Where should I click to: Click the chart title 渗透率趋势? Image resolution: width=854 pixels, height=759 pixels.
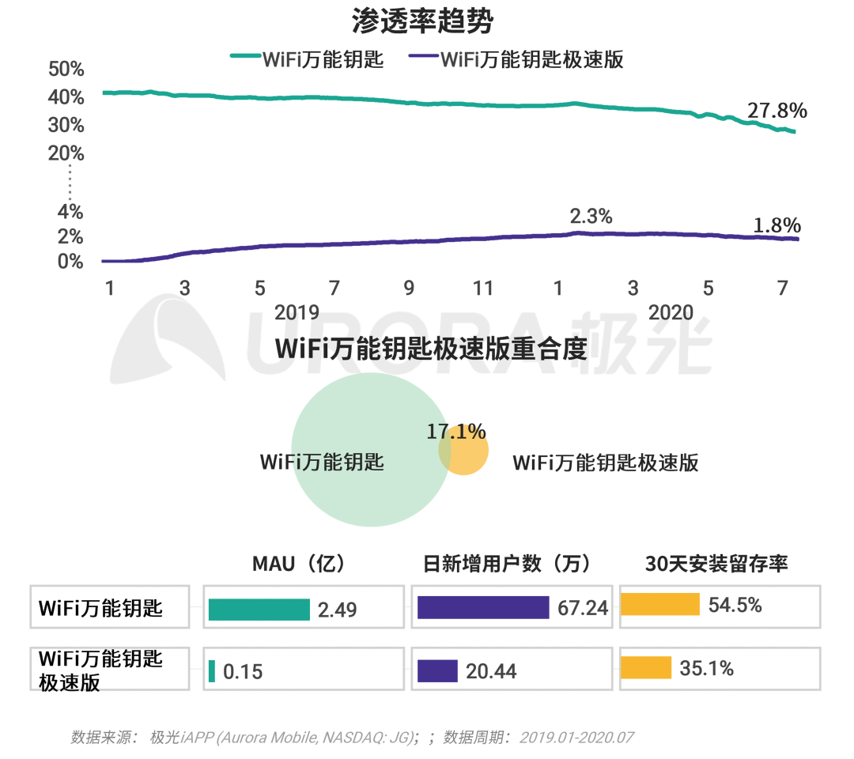tap(422, 21)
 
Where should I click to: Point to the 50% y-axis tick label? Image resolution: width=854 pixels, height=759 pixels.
tap(66, 70)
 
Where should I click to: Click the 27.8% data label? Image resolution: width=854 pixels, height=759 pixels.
tap(777, 111)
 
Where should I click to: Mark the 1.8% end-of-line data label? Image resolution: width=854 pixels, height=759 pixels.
tap(777, 225)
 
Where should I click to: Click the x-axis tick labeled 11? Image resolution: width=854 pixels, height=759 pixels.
tap(482, 289)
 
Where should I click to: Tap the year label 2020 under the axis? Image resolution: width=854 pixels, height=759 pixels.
tap(671, 312)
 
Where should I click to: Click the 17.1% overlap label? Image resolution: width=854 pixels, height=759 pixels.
tap(456, 431)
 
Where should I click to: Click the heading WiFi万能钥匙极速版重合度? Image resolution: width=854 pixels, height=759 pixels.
tap(431, 349)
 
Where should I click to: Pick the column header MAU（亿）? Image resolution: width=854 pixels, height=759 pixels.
tap(299, 564)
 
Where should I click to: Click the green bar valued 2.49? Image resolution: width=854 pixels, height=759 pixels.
tap(259, 609)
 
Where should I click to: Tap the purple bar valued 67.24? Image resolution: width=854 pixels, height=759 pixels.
tap(483, 607)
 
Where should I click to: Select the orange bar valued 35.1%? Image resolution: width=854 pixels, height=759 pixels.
tap(646, 668)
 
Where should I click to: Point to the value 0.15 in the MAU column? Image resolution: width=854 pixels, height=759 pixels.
tap(243, 672)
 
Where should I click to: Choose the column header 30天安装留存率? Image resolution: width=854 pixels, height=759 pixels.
tap(716, 564)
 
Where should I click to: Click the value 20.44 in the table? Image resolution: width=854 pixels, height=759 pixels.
tap(491, 671)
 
